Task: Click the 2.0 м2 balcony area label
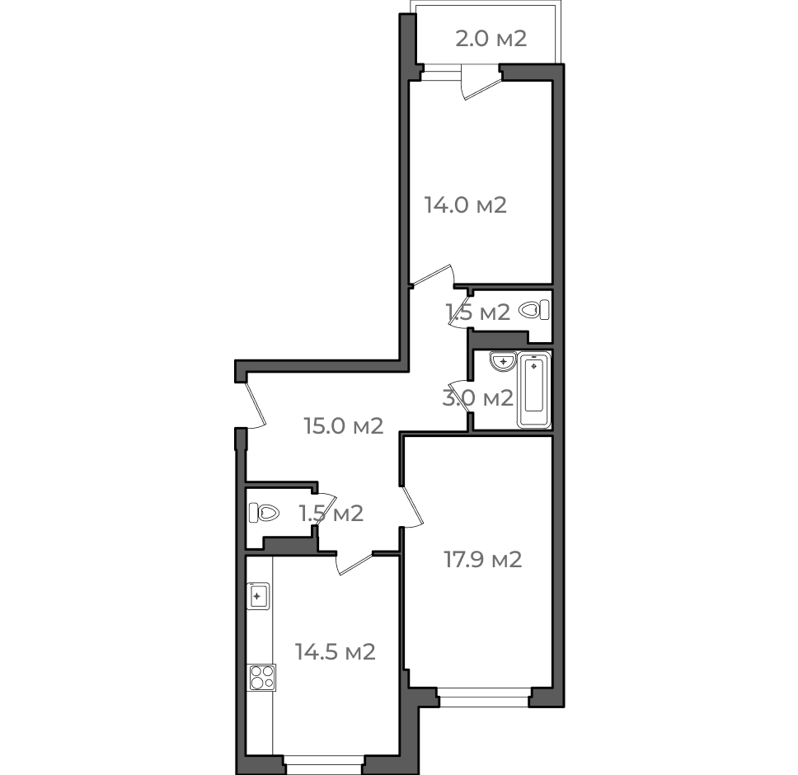(x=491, y=39)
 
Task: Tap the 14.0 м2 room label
(x=466, y=205)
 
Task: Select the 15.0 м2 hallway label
(x=344, y=425)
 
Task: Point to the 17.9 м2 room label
(x=483, y=559)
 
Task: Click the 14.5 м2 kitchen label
(x=336, y=651)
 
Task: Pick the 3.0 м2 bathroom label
(x=478, y=397)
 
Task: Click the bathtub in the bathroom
(x=534, y=390)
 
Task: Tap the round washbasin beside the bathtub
(x=504, y=361)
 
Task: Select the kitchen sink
(x=258, y=596)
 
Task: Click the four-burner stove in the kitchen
(x=261, y=677)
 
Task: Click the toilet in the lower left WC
(x=264, y=513)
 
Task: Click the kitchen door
(x=354, y=563)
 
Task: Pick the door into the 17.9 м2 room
(x=411, y=506)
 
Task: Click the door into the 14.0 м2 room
(x=433, y=275)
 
